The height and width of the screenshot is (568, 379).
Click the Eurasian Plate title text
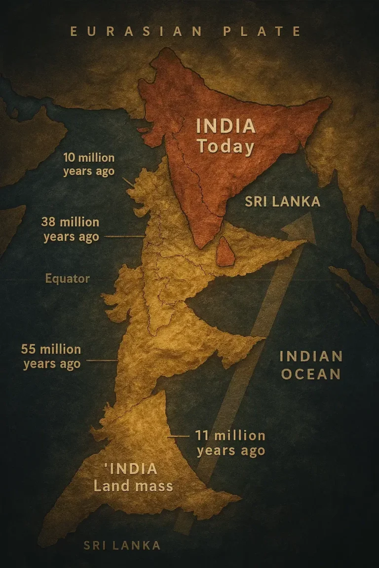tap(186, 32)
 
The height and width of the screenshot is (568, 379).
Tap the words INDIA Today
tap(226, 136)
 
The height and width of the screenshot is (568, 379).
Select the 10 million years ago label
tap(89, 165)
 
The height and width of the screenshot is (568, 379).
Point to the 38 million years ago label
tap(71, 230)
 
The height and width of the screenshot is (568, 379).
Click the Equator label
tap(68, 279)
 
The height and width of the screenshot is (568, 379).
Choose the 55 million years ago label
tap(51, 356)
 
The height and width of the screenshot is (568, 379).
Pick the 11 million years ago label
tap(230, 443)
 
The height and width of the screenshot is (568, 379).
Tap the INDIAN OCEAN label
tap(311, 365)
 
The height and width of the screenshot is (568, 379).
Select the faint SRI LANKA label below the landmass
tap(122, 545)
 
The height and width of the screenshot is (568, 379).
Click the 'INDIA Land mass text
tap(133, 477)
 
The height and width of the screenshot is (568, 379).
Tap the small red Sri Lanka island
tap(226, 251)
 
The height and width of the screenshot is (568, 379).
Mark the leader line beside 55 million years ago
tap(102, 360)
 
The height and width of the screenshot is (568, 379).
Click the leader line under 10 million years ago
tap(128, 182)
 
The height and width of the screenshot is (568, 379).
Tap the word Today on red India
tap(226, 146)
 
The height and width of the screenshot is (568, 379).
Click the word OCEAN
tap(311, 374)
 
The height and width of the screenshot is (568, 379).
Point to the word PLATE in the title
tap(262, 32)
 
